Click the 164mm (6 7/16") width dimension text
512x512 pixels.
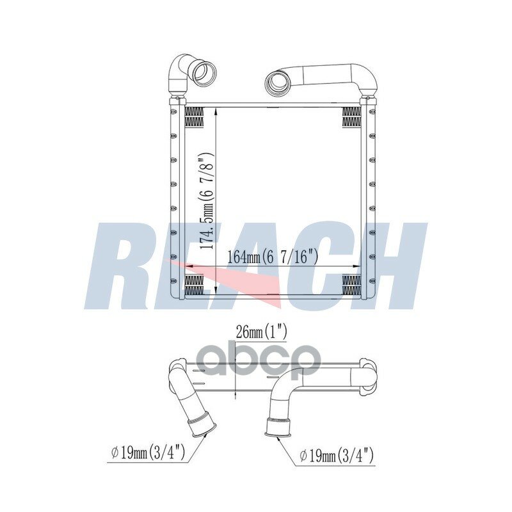pos(273,257)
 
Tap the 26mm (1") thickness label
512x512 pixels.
pos(261,333)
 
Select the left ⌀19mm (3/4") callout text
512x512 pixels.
pos(148,454)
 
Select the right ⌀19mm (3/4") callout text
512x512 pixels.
pos(337,455)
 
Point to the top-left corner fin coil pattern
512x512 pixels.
pos(195,116)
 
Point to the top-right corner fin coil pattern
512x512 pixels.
pos(351,116)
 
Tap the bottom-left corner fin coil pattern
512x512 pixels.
pos(195,284)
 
